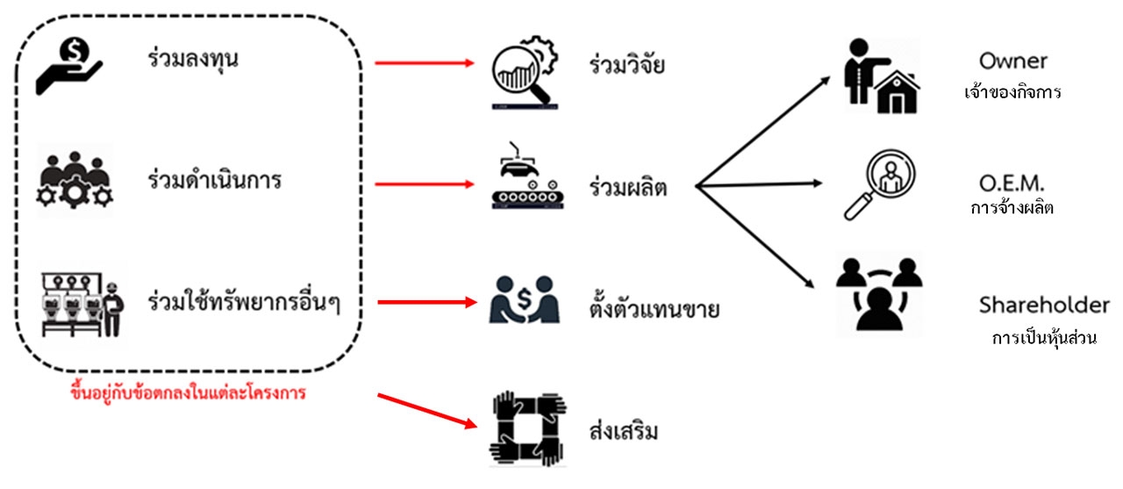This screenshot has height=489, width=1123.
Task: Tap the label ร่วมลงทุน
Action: click(193, 61)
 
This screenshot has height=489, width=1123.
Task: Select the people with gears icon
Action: click(76, 180)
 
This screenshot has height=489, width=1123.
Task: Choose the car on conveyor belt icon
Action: click(524, 185)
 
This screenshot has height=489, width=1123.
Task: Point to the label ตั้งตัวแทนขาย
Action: click(655, 308)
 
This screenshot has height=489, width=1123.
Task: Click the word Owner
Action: click(1013, 61)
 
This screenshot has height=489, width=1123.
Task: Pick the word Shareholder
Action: click(1044, 306)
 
